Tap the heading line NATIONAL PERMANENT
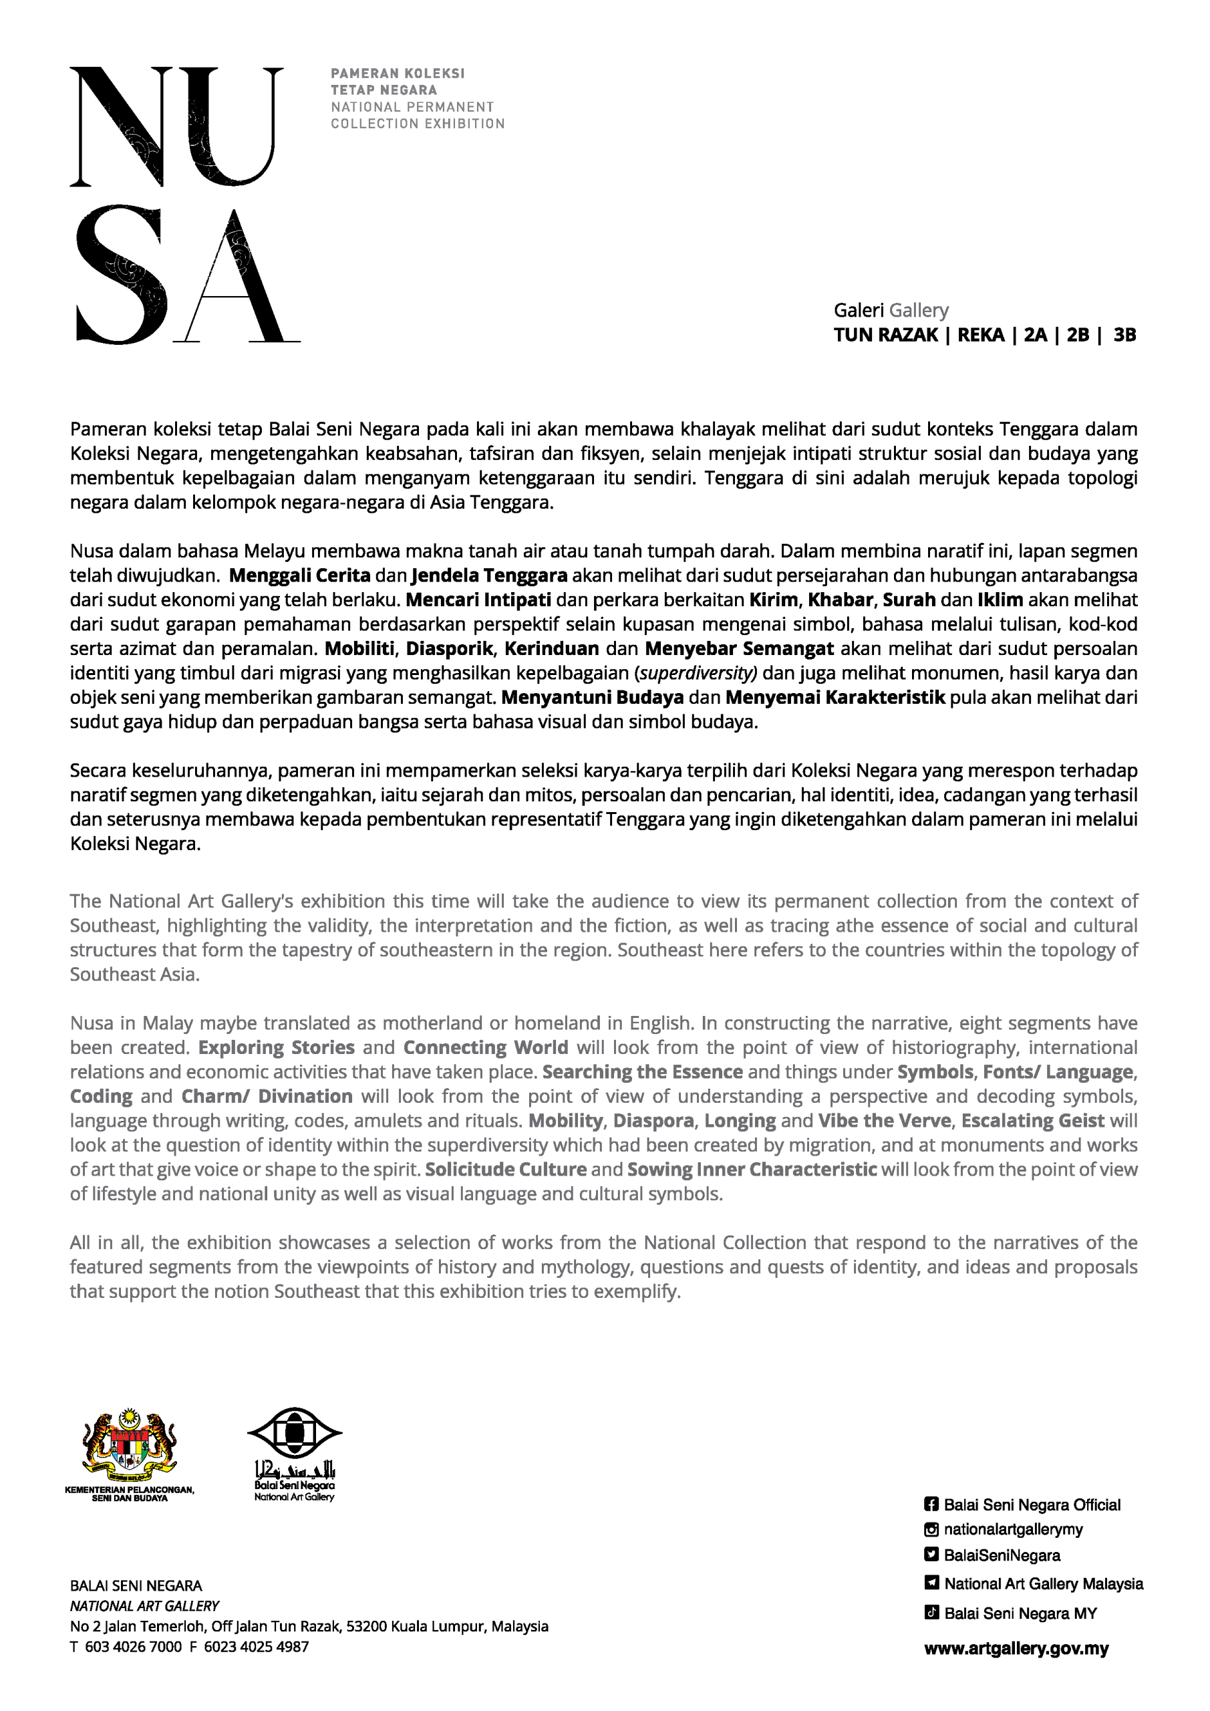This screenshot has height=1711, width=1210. tap(412, 106)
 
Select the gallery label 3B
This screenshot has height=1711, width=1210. tap(1124, 335)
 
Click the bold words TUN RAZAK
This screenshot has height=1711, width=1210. tap(885, 335)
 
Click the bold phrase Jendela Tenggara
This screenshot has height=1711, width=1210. tap(489, 575)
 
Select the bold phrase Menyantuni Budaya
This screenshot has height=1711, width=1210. tap(593, 698)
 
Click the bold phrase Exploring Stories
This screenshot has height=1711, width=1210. tap(276, 1047)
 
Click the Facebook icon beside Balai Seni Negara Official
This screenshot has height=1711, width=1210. tap(931, 1504)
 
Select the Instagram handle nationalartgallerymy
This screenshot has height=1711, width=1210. tap(1012, 1529)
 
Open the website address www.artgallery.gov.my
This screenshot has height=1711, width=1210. tap(1016, 1648)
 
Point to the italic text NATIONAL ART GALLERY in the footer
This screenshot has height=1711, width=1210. tap(144, 1606)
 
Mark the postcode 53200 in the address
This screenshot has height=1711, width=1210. tap(367, 1626)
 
